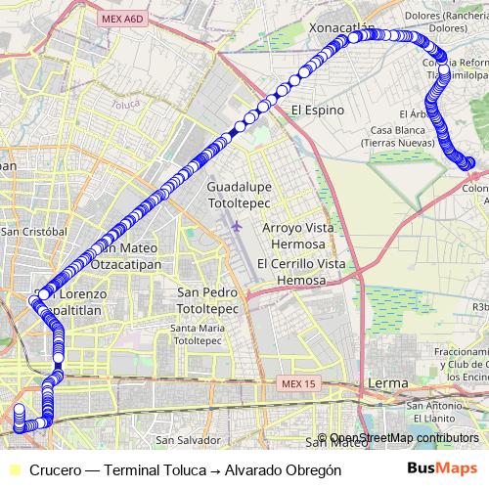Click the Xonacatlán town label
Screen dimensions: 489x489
point(341,27)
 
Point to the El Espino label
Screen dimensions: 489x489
point(318,111)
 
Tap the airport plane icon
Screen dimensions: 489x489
point(236,226)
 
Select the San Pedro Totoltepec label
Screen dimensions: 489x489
point(207,300)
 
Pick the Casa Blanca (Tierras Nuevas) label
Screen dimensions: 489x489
point(403,137)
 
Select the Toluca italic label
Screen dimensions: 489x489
point(126,103)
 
